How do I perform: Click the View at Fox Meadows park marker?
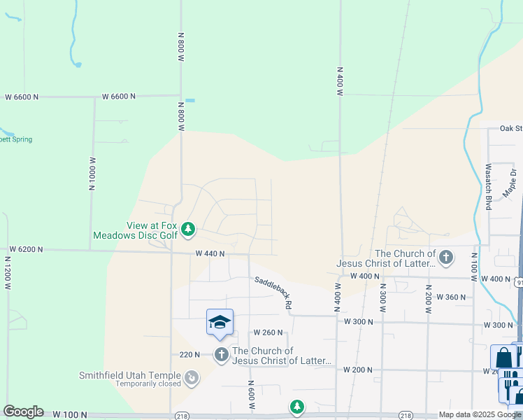(x=187, y=229)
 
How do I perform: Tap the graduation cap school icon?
(x=220, y=323)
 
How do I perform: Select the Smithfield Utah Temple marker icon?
(x=191, y=379)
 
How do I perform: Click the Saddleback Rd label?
(x=273, y=293)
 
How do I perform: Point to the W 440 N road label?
(x=210, y=253)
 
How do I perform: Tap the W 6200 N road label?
(x=26, y=249)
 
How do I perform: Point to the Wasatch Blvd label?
(x=489, y=186)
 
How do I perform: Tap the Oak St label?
(x=510, y=128)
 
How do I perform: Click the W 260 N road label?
(x=268, y=332)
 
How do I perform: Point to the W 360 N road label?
(x=451, y=297)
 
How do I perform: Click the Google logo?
(x=23, y=412)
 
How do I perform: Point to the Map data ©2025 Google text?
(x=480, y=414)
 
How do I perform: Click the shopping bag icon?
(x=503, y=358)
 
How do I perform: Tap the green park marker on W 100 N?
(x=297, y=407)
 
